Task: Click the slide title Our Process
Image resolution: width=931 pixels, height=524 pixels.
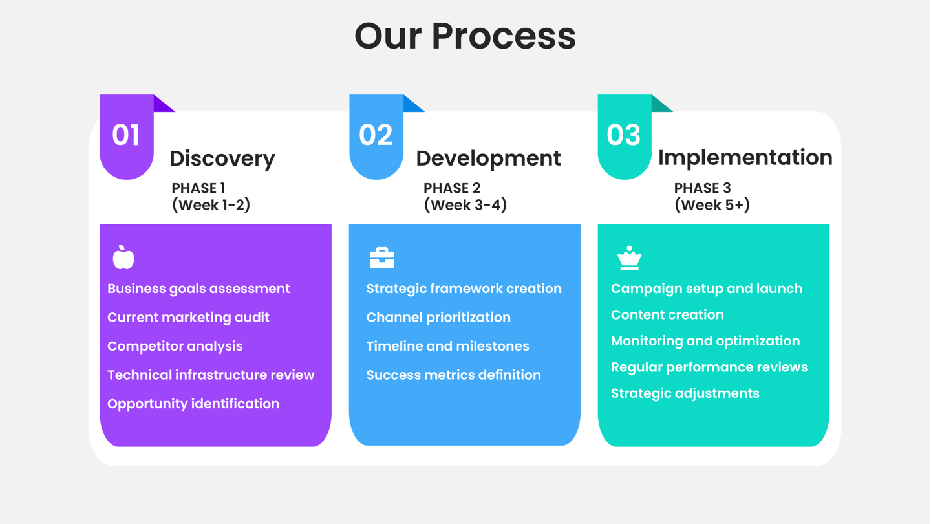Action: (x=465, y=36)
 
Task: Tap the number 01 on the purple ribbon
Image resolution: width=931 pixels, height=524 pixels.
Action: (x=126, y=135)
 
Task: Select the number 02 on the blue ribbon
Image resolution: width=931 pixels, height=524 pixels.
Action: (x=376, y=135)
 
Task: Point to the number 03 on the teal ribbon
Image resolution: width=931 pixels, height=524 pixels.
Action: (x=624, y=135)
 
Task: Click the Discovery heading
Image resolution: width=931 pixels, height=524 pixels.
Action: (x=222, y=158)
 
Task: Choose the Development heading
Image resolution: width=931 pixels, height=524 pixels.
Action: (x=488, y=158)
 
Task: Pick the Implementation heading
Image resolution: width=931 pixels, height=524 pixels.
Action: (x=745, y=158)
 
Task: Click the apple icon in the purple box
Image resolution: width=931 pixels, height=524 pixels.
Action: (x=123, y=257)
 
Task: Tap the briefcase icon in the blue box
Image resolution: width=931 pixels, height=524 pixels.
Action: (x=381, y=257)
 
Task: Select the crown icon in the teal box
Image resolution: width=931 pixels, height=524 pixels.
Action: (x=629, y=258)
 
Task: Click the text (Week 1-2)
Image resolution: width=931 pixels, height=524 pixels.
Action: (x=211, y=205)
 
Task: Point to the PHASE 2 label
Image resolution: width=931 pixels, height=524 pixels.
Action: (x=452, y=188)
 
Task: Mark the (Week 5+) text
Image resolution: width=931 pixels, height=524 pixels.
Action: (x=712, y=205)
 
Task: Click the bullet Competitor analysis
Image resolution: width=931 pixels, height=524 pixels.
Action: (x=175, y=346)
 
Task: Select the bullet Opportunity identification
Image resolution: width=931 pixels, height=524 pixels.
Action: (x=193, y=404)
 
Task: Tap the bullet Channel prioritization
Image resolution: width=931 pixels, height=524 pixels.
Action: (x=438, y=317)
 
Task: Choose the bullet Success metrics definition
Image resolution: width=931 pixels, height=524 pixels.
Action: (x=453, y=375)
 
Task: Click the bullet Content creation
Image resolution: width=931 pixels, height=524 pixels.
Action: (x=667, y=314)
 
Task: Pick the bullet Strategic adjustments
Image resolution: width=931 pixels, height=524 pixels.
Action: (x=685, y=393)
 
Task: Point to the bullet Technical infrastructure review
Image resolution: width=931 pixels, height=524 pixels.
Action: (x=211, y=375)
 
